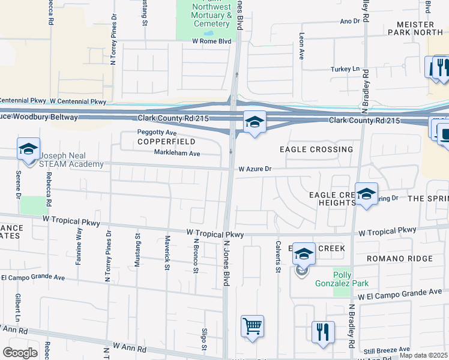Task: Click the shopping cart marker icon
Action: click(253, 327)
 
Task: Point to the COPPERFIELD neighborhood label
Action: click(158, 142)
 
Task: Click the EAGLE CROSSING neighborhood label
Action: click(316, 149)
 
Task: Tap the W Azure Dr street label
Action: click(255, 169)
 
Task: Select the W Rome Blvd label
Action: click(211, 41)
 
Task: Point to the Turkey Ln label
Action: click(345, 69)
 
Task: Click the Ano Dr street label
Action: click(349, 21)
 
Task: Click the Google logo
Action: click(20, 353)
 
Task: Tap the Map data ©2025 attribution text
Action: click(424, 355)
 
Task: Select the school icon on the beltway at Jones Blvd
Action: click(255, 122)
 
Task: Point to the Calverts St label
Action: click(278, 257)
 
